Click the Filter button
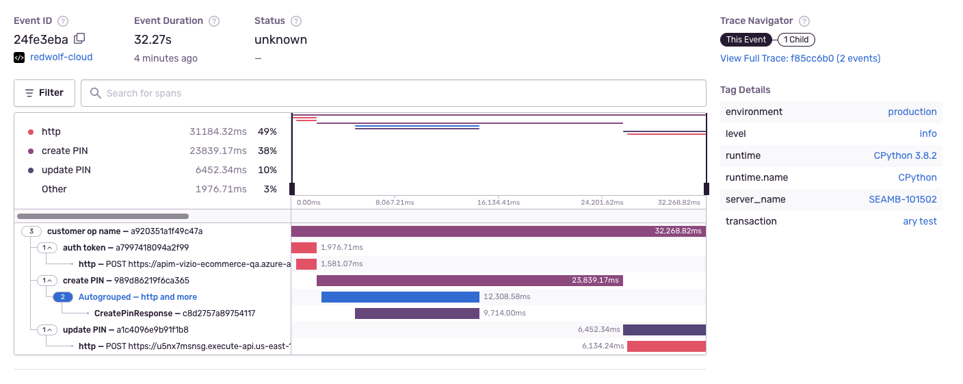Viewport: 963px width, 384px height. pyautogui.click(x=44, y=93)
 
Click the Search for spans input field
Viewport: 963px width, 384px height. pyautogui.click(x=393, y=93)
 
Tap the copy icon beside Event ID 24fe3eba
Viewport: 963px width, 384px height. pyautogui.click(x=79, y=39)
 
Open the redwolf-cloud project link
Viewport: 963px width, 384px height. pyautogui.click(x=61, y=57)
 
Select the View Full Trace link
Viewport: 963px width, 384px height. pyautogui.click(x=800, y=58)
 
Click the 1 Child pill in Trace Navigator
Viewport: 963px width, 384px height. pyautogui.click(x=796, y=40)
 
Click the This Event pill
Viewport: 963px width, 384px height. pyautogui.click(x=746, y=40)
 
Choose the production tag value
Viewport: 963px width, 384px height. pyautogui.click(x=912, y=112)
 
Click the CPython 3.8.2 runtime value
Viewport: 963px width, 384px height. pyautogui.click(x=905, y=155)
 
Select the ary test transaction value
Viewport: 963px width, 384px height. pyautogui.click(x=919, y=221)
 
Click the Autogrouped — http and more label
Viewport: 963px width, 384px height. pyautogui.click(x=137, y=297)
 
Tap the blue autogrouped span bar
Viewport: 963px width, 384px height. pyautogui.click(x=400, y=297)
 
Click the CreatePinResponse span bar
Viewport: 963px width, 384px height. pyautogui.click(x=417, y=313)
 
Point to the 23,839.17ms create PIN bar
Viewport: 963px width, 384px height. pyautogui.click(x=469, y=281)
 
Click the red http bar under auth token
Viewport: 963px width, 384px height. pyautogui.click(x=306, y=264)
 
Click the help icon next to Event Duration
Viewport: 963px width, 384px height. pyautogui.click(x=214, y=21)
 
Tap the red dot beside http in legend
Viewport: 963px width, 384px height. pyautogui.click(x=31, y=132)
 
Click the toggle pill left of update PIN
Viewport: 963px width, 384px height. pyautogui.click(x=47, y=330)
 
